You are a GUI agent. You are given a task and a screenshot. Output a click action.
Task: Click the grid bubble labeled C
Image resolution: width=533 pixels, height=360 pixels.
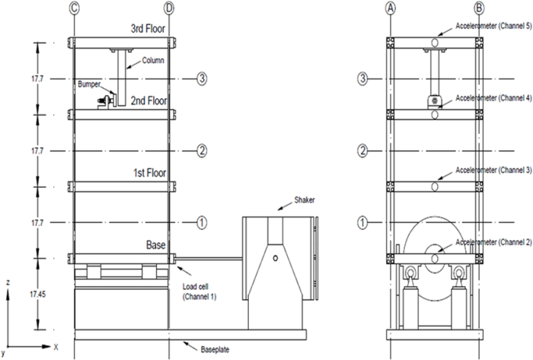(74, 8)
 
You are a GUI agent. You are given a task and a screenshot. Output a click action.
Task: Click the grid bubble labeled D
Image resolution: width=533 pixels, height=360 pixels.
(169, 8)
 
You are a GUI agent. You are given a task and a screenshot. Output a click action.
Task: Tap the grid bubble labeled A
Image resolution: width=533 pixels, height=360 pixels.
(390, 8)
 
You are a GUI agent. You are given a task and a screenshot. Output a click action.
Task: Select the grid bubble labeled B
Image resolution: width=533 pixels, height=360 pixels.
(479, 8)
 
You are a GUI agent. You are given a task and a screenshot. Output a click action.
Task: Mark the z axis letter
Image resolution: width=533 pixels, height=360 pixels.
(6, 282)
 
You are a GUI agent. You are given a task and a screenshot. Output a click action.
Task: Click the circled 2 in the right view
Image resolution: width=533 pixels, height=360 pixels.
(365, 151)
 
